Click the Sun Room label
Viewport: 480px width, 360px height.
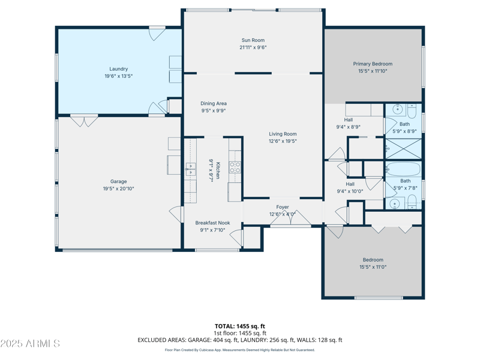point(253,40)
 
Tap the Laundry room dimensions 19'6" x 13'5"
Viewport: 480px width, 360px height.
point(118,76)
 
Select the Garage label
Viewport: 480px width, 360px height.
point(118,181)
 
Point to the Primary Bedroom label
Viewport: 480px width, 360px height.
point(373,64)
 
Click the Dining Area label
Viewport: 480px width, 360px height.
point(214,103)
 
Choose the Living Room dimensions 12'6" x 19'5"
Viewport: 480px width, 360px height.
point(283,141)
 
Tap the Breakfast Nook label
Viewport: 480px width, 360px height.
point(212,223)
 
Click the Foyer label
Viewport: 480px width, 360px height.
point(283,207)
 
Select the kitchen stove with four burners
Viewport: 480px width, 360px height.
point(235,167)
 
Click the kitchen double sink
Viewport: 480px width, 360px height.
point(190,169)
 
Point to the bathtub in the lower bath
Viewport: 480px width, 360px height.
point(403,169)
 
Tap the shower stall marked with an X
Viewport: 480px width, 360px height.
point(403,148)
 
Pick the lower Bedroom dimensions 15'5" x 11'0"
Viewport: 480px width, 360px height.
point(373,267)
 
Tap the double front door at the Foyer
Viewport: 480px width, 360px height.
point(290,220)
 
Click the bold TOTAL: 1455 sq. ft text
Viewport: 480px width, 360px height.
point(240,326)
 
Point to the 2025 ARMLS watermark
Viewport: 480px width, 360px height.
point(30,344)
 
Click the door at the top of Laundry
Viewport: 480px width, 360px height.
point(157,32)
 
